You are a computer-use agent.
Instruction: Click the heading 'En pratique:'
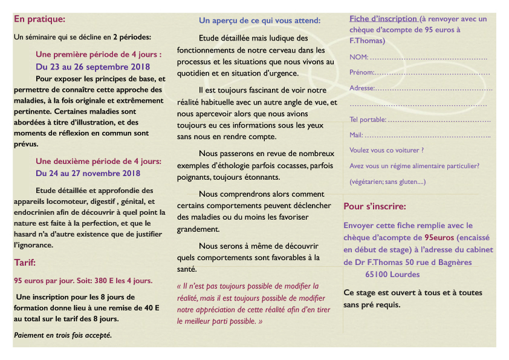pos(39,19)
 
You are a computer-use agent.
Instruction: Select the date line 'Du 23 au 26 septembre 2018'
pos(93,67)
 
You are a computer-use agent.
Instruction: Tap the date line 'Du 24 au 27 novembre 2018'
pos(88,174)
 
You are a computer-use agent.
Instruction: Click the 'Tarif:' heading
pos(25,263)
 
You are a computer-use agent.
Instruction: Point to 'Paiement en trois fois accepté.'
pos(62,335)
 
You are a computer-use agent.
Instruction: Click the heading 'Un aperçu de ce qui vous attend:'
pos(260,21)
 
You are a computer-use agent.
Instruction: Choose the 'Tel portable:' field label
pos(368,120)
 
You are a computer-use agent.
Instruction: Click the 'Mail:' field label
pos(356,135)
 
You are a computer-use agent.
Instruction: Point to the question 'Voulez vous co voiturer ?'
pos(386,150)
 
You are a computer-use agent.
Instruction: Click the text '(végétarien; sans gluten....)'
pos(387,182)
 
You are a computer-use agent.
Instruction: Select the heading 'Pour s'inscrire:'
pos(375,206)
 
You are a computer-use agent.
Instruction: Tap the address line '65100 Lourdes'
pos(392,274)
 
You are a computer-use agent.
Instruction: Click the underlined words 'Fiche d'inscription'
pos(383,19)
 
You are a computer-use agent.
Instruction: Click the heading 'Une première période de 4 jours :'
pos(99,54)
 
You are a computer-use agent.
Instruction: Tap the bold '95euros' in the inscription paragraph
pos(439,237)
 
